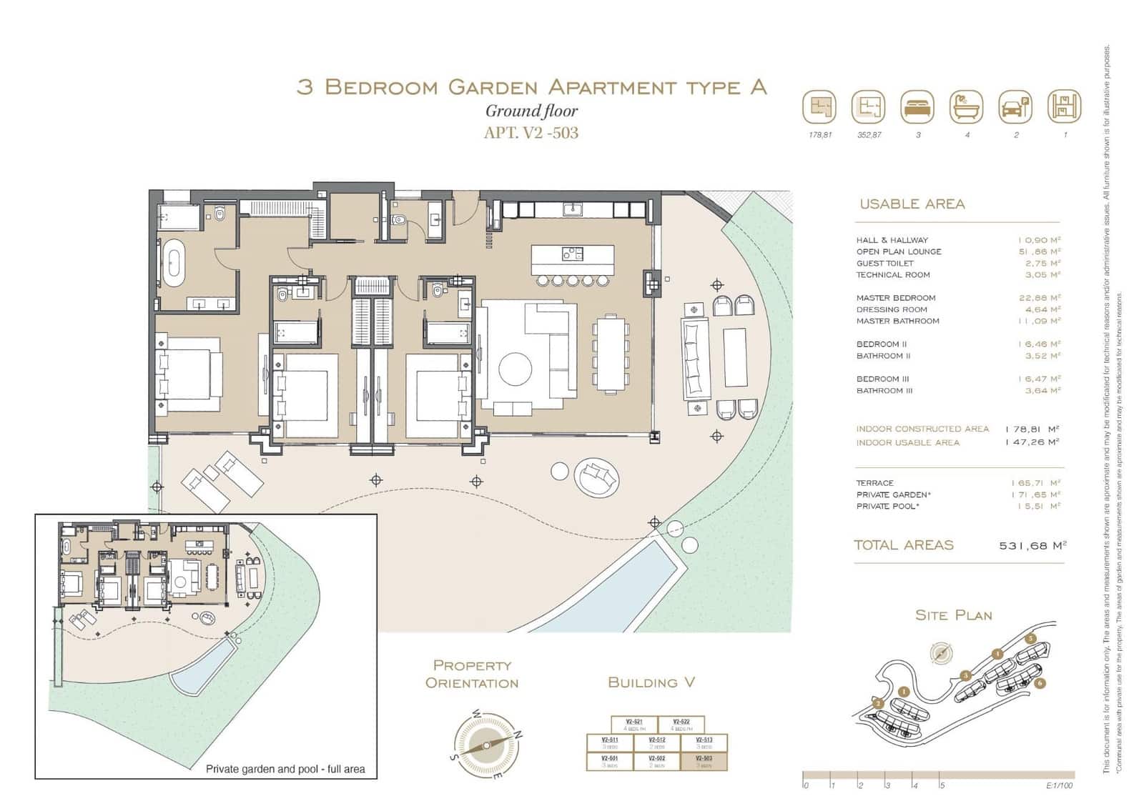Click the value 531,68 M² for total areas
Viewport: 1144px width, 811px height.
pyautogui.click(x=1032, y=546)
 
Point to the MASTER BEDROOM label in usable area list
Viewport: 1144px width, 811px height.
pyautogui.click(x=895, y=298)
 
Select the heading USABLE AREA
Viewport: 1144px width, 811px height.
pyautogui.click(x=912, y=204)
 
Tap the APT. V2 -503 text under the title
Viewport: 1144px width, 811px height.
pyautogui.click(x=531, y=133)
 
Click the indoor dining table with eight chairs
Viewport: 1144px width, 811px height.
pyautogui.click(x=612, y=354)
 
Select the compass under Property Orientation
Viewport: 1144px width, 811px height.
pyautogui.click(x=487, y=745)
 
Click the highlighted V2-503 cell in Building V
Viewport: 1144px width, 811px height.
pyautogui.click(x=704, y=762)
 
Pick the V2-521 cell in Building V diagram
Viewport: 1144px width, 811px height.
pyautogui.click(x=633, y=725)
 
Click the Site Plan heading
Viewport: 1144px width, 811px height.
pyautogui.click(x=953, y=615)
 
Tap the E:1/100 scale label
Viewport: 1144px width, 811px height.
pyautogui.click(x=1059, y=785)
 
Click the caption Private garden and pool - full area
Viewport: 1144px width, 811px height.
pyautogui.click(x=285, y=770)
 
